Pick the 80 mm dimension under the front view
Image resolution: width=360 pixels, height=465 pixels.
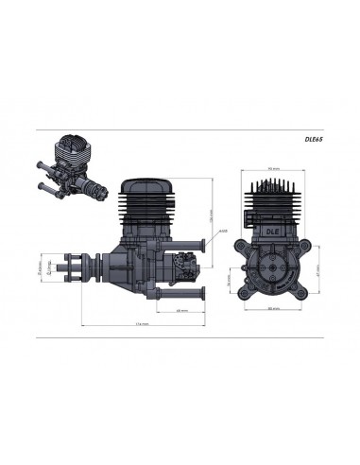pyautogui.click(x=273, y=309)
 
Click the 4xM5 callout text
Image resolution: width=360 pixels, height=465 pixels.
pyautogui.click(x=220, y=230)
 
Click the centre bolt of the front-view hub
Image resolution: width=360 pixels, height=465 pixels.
pyautogui.click(x=274, y=267)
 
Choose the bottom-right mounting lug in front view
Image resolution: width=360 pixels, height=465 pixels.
pyautogui.click(x=303, y=295)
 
